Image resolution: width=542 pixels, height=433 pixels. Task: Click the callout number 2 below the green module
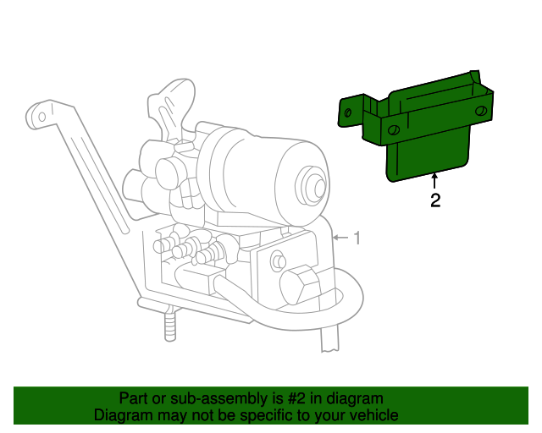point(434,200)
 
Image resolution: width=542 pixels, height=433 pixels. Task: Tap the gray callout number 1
point(357,238)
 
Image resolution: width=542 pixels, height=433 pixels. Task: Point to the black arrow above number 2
point(434,181)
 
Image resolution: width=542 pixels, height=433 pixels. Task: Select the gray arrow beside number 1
point(339,238)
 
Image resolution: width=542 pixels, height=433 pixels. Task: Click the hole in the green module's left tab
point(347,113)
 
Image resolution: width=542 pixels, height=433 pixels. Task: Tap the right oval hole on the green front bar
point(480,112)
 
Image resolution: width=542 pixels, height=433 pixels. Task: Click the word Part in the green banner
point(135,398)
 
